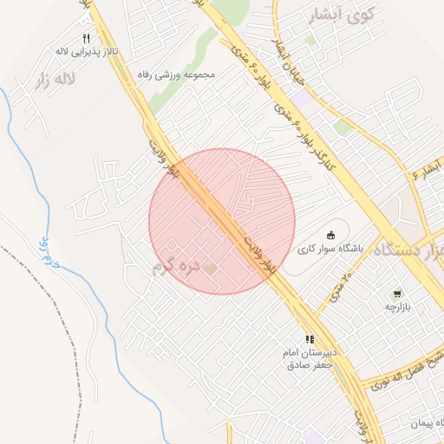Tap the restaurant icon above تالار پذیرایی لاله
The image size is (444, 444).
point(86,39)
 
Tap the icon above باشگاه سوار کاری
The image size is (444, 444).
point(330,234)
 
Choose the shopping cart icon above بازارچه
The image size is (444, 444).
point(397,294)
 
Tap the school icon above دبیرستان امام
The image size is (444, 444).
point(309,340)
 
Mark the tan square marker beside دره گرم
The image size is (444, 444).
point(210,269)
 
